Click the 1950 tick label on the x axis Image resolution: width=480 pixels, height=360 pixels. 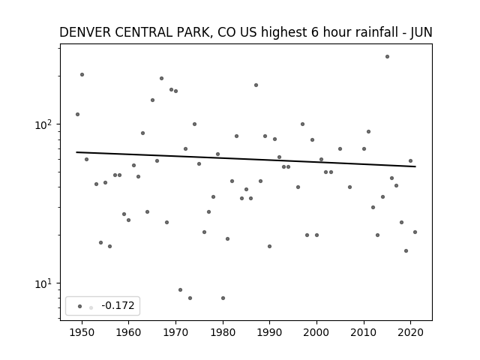82,332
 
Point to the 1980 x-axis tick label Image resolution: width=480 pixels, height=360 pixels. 223,332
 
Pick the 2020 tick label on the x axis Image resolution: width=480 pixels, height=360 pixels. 410,332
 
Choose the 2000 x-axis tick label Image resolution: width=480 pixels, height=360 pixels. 316,332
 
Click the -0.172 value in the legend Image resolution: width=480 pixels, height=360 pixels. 118,305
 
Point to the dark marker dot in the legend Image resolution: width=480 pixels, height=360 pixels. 80,306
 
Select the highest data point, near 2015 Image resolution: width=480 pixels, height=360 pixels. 387,57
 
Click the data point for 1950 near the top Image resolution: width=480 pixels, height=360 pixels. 82,75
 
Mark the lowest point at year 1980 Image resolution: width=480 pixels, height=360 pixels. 223,298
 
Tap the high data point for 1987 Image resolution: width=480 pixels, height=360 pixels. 256,85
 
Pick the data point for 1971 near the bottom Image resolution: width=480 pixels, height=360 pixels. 180,289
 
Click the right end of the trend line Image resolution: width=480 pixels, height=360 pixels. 415,166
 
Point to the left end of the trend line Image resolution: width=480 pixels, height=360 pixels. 76,152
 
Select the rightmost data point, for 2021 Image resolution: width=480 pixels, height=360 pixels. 415,232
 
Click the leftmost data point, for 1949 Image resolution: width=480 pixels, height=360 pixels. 77,114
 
